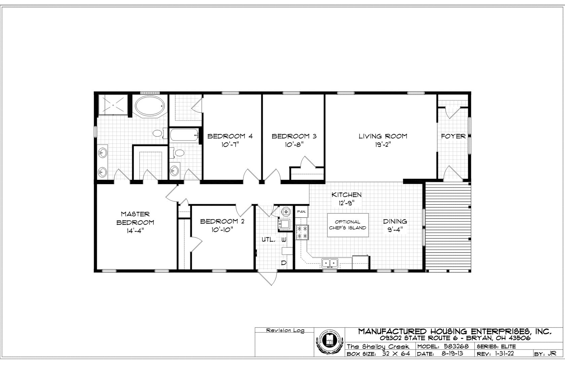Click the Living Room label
coord(383,136)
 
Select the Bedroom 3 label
coord(294,136)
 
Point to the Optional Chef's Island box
coord(348,225)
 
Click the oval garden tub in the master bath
coord(150,105)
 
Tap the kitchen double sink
coord(330,263)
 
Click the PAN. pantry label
coord(301,212)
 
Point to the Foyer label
coord(453,136)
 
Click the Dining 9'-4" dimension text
coord(395,230)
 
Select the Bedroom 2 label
coord(222,221)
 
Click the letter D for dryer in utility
coord(284,263)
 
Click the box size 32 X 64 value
coord(396,354)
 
